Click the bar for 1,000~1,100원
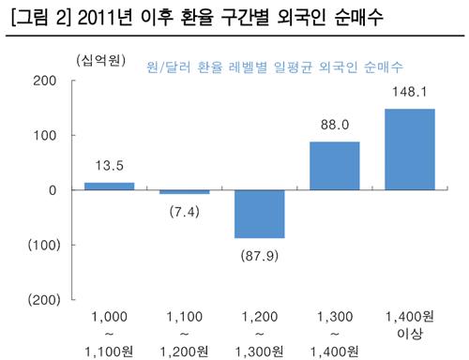click(109, 186)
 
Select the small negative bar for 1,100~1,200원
click(184, 192)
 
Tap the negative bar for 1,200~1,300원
click(259, 214)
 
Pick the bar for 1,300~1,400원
click(334, 166)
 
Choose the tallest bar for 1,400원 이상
click(409, 149)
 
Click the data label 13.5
click(109, 169)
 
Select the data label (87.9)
click(259, 254)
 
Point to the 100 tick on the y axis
click(47, 135)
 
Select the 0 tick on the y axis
click(53, 190)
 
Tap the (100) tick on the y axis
click(43, 245)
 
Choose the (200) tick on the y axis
click(43, 299)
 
